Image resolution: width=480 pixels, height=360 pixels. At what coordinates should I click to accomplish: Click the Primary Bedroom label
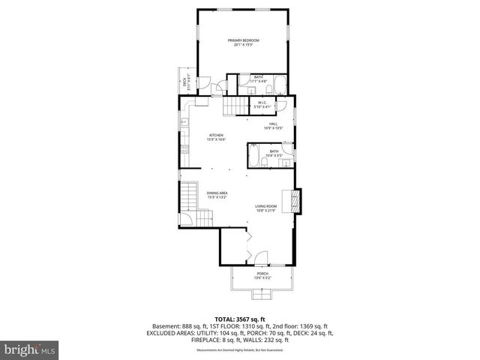244,42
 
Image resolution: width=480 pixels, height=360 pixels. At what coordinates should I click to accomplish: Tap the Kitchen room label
216,137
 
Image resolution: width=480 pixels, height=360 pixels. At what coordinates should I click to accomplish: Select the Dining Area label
217,196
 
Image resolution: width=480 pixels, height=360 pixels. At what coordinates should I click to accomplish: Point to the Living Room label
265,208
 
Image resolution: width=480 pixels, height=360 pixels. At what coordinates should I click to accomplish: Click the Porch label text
262,275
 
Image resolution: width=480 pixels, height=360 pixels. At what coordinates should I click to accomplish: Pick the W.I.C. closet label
263,104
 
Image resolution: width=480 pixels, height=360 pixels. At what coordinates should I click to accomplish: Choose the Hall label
273,125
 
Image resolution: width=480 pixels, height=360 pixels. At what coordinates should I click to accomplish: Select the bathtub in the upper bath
277,84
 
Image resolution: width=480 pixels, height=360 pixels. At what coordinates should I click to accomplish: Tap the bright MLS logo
30,349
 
